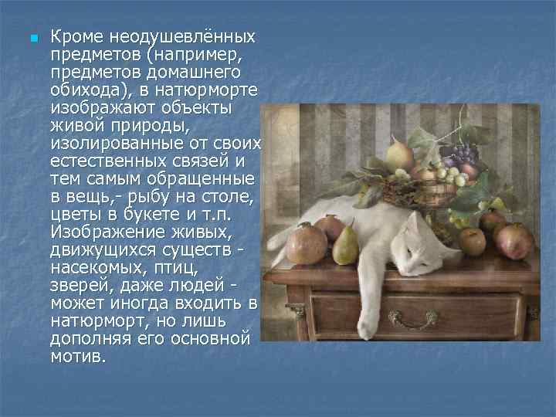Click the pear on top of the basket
tap(400, 154)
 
